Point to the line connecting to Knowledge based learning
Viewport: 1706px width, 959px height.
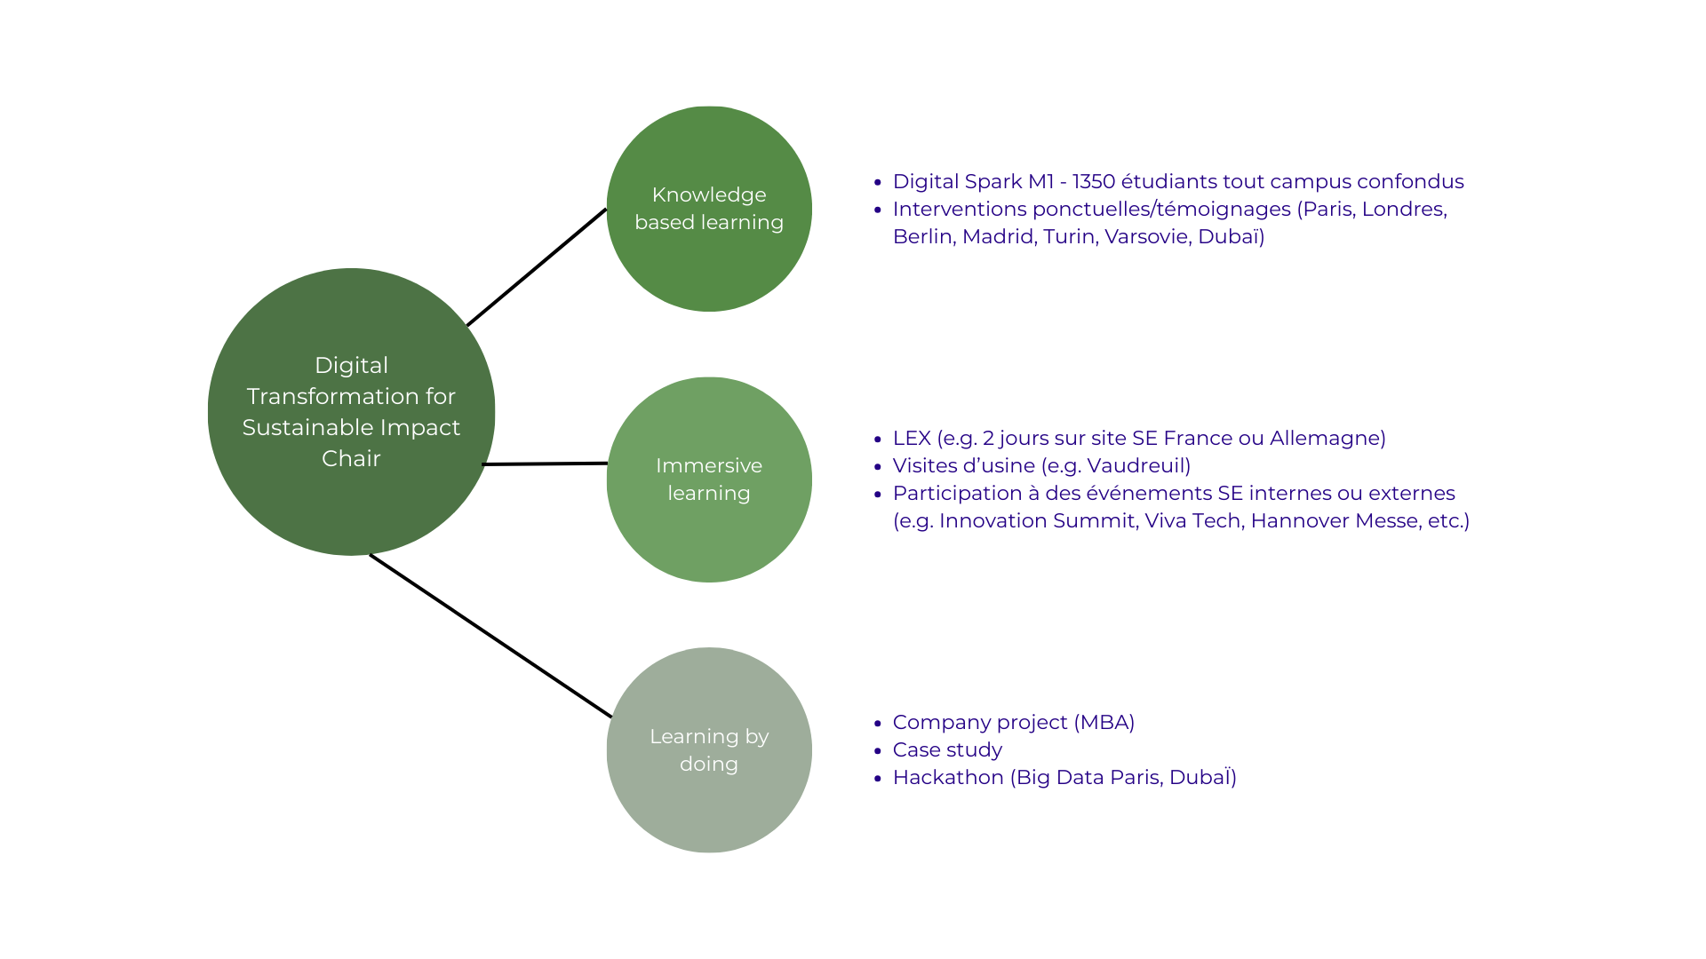point(537,267)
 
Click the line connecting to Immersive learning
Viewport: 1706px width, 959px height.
point(545,464)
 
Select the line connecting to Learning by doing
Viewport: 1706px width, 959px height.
point(490,636)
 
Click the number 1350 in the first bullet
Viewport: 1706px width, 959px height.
point(1093,182)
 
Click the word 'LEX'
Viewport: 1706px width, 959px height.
point(912,439)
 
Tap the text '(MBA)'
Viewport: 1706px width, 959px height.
point(1104,723)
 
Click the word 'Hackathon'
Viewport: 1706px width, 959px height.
point(948,778)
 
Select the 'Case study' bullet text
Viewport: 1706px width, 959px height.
point(947,750)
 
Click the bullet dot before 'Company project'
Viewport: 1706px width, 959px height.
point(878,724)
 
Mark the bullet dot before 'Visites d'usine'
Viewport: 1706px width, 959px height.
point(878,467)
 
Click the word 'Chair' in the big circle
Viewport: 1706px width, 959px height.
point(351,459)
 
